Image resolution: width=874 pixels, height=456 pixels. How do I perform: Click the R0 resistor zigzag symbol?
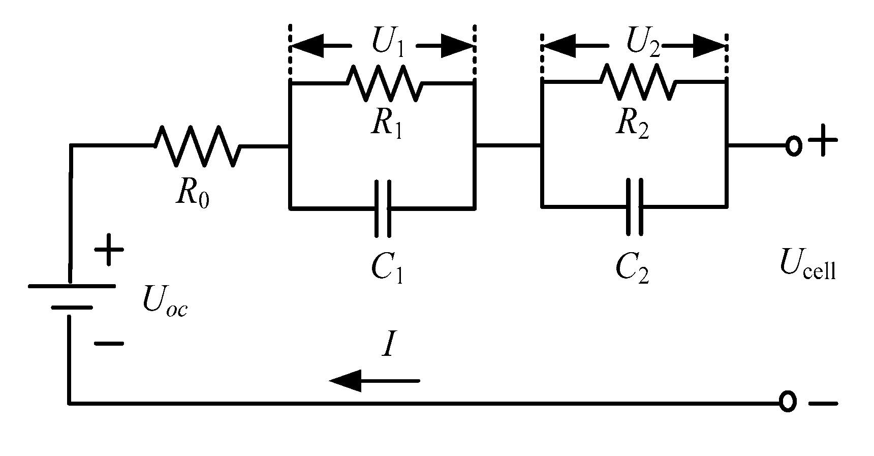pyautogui.click(x=197, y=146)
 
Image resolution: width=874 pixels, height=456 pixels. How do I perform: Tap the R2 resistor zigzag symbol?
pyautogui.click(x=638, y=82)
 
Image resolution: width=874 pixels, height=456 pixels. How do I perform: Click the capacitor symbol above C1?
pyautogui.click(x=383, y=208)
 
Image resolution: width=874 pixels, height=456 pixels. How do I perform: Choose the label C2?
pyautogui.click(x=632, y=269)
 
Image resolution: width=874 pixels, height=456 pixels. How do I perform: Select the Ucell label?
pyautogui.click(x=807, y=266)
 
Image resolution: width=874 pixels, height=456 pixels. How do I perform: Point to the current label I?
pyautogui.click(x=388, y=346)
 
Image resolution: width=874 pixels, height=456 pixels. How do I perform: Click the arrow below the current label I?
pyautogui.click(x=374, y=380)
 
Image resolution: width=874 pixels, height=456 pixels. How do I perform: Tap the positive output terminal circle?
pyautogui.click(x=793, y=146)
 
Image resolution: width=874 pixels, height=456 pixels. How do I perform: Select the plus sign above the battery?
pyautogui.click(x=109, y=250)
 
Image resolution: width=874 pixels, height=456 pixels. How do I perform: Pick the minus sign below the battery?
pyautogui.click(x=109, y=343)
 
